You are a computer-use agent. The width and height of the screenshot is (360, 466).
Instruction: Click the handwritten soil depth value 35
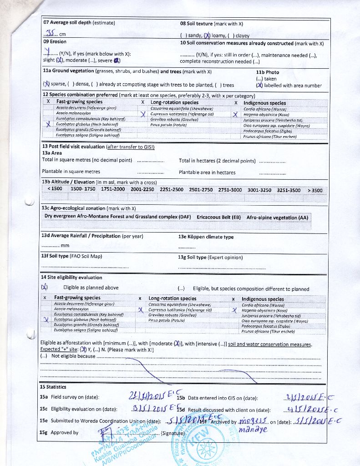coord(51,33)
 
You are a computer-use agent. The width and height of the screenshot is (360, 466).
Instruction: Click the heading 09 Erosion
coord(55,42)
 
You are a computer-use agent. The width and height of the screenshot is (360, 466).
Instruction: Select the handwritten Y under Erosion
coord(47,52)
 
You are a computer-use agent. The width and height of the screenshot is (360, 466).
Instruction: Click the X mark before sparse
coord(46,85)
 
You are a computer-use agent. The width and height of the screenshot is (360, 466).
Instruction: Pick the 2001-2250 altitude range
coord(142,189)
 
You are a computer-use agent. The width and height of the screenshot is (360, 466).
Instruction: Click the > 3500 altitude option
coord(314,190)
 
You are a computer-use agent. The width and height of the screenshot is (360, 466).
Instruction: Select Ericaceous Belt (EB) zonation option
coord(218,217)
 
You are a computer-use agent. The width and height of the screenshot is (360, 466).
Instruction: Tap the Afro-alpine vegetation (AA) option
coord(277,218)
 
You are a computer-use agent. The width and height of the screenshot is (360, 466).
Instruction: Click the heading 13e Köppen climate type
coord(206,237)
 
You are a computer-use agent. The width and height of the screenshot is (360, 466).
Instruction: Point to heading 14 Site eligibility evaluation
coord(71,278)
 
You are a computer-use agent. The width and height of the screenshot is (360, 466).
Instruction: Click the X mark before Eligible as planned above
coord(45,287)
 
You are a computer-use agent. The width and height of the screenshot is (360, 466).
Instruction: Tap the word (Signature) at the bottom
coord(173,433)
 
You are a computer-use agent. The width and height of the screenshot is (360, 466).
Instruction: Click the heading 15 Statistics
coord(54,387)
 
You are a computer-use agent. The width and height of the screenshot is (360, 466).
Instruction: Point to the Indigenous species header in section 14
coord(263,299)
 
